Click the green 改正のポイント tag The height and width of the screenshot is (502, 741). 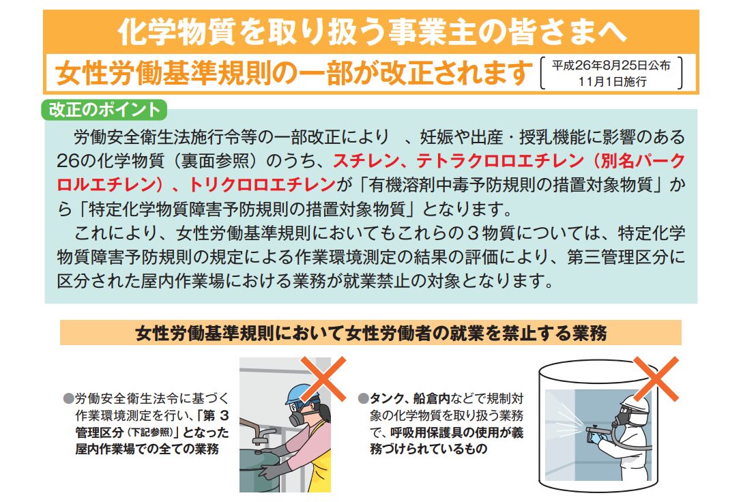[104, 110]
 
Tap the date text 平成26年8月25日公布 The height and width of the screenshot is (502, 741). [611, 65]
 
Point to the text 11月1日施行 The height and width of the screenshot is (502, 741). [613, 81]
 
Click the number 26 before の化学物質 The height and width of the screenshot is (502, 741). [67, 161]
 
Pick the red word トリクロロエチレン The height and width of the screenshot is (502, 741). [262, 185]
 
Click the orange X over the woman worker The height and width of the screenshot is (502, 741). [323, 379]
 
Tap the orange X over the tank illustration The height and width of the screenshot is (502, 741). [656, 379]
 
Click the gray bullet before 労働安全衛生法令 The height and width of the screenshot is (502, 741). [69, 398]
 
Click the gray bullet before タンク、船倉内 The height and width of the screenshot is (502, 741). [363, 398]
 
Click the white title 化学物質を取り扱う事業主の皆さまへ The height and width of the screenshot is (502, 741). [371, 31]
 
